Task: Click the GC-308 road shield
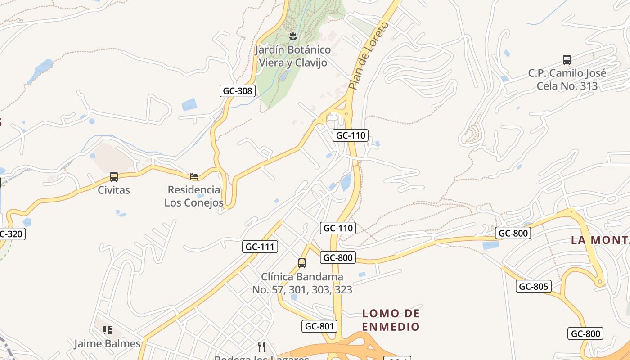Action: (x=238, y=91)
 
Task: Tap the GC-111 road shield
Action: (x=260, y=247)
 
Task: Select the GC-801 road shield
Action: (x=319, y=326)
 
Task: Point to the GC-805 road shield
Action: (x=533, y=286)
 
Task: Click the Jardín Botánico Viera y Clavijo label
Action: (x=292, y=56)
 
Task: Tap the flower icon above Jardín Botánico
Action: (x=293, y=36)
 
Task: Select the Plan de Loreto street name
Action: (x=368, y=56)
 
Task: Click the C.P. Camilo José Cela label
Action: (x=567, y=80)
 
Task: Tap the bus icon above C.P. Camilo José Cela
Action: (x=567, y=59)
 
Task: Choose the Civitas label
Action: (x=114, y=190)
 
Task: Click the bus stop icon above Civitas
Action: (x=114, y=177)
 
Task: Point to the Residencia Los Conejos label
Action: (x=194, y=196)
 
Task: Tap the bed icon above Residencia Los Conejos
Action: (x=194, y=176)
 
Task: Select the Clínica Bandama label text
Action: (x=302, y=283)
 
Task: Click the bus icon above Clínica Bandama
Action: (x=302, y=263)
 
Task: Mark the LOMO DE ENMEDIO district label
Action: (x=391, y=320)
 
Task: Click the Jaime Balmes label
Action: (x=108, y=344)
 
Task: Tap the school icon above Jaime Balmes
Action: (x=108, y=330)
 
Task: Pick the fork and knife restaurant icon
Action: (x=261, y=346)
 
